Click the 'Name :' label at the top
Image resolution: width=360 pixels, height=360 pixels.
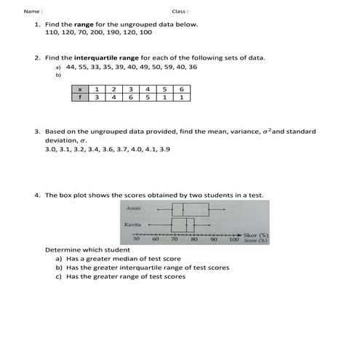pyautogui.click(x=33, y=12)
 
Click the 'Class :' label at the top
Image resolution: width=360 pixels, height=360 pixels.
pyautogui.click(x=180, y=12)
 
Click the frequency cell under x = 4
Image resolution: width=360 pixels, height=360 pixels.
pyautogui.click(x=148, y=97)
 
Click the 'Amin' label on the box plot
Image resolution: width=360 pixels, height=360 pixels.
pyautogui.click(x=133, y=209)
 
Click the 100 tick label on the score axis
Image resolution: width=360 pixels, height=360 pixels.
pyautogui.click(x=233, y=239)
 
